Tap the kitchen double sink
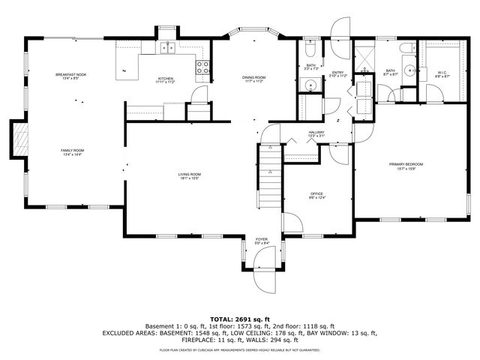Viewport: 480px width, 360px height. (x=167, y=49)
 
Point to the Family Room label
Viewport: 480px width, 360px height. (x=73, y=151)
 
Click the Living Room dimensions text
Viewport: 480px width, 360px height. (x=189, y=178)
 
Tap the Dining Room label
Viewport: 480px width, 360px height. (x=253, y=78)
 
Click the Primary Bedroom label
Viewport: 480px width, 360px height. (x=406, y=164)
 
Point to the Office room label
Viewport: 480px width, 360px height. (x=316, y=193)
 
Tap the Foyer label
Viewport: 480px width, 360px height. (x=260, y=239)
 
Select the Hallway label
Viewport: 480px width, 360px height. (x=316, y=133)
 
